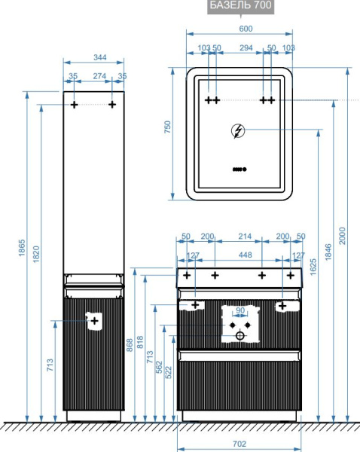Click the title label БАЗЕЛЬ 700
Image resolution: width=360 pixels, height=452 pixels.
tap(241, 5)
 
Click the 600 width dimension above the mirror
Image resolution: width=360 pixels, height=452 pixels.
tap(246, 29)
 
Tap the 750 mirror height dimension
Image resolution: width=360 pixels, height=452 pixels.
tap(167, 127)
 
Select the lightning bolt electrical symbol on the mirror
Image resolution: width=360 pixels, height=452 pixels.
tap(238, 131)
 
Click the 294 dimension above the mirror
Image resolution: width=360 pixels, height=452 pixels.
tap(246, 47)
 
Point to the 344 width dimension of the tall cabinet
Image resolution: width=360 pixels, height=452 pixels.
tap(100, 57)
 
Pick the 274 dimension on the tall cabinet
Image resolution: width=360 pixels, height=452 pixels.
tap(99, 76)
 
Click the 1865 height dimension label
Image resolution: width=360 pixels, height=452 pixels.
tap(22, 248)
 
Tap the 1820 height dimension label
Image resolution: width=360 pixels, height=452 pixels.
tap(36, 254)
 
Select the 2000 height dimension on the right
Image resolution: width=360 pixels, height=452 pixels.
tap(342, 236)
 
